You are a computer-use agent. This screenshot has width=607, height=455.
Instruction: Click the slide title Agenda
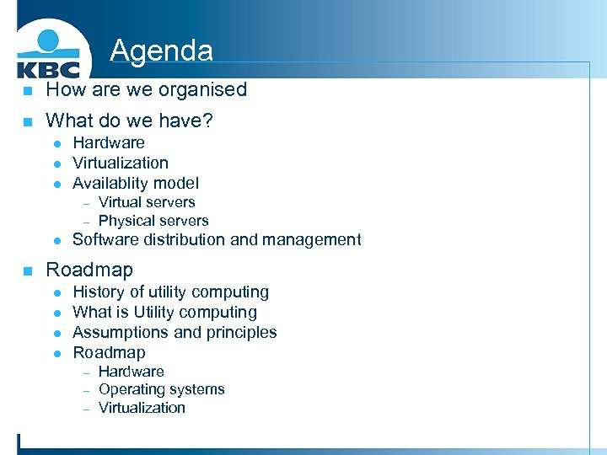coord(161,51)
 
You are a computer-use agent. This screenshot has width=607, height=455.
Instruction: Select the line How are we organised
coord(146,89)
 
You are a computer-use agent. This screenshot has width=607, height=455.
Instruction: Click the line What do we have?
coord(129,121)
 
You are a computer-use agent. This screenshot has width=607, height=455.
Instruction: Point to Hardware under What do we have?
coord(108,143)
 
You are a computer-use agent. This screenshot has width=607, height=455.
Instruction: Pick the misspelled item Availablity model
coord(135,183)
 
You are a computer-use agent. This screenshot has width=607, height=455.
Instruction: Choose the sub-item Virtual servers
coord(147,202)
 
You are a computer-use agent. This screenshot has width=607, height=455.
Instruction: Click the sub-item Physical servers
coord(153,221)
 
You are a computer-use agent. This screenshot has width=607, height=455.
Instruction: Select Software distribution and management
coord(217,240)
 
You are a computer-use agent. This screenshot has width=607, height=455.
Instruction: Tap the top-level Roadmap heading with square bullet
coord(89,270)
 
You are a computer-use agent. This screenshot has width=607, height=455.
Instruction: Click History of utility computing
coord(170,292)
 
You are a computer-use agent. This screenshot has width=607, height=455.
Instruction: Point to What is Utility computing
coord(164,313)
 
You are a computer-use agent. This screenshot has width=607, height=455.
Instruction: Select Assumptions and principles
coord(175,333)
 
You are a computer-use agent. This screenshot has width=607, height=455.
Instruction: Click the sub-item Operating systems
coord(161,389)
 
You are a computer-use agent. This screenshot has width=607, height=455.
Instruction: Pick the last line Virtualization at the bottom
coord(142,408)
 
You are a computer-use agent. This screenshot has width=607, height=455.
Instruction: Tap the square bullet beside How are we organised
coord(27,91)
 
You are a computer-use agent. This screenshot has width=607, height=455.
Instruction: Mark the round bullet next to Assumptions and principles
coord(56,334)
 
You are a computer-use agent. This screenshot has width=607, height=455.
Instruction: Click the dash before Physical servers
coord(86,222)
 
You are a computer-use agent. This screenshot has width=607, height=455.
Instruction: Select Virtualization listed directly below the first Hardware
coord(120,163)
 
